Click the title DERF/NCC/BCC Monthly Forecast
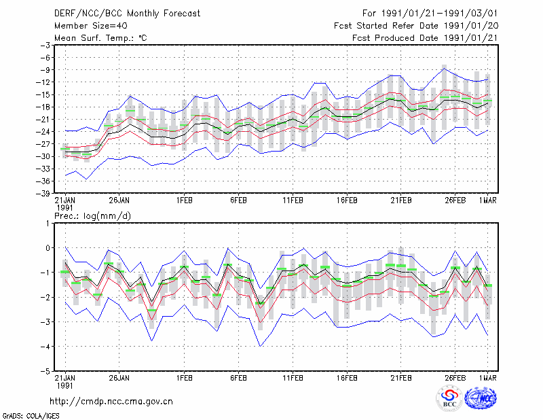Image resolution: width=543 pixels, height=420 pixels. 127,14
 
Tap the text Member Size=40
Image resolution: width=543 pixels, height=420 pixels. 91,26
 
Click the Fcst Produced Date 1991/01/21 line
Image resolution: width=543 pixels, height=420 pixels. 425,38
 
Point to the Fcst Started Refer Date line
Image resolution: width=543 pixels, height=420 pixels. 416,26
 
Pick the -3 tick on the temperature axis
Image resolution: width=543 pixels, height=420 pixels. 45,46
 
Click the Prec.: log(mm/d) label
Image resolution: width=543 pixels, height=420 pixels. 92,216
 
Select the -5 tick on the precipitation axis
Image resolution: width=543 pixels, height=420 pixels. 45,372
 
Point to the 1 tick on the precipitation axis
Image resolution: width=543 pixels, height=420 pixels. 48,224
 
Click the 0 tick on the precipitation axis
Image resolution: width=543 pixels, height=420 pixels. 48,248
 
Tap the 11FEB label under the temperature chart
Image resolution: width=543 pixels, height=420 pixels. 293,200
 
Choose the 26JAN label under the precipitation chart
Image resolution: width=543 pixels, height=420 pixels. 119,378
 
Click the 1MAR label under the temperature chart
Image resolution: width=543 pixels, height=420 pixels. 488,200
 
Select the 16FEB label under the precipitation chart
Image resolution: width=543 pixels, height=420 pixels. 347,378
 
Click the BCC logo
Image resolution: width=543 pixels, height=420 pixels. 449,399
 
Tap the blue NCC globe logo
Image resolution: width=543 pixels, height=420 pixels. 481,398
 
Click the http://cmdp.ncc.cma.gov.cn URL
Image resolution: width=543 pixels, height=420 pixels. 111,402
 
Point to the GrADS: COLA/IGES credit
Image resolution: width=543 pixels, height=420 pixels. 31,416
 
